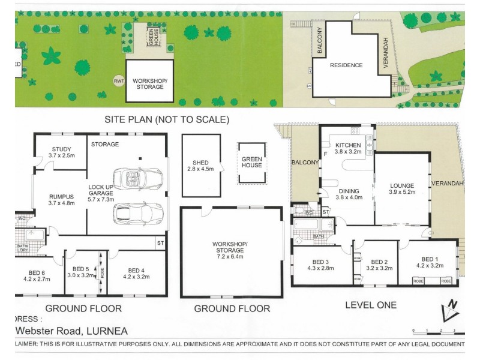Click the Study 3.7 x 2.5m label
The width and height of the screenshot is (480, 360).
pyautogui.click(x=61, y=152)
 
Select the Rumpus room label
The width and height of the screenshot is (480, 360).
pyautogui.click(x=61, y=199)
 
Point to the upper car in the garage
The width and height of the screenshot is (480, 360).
pyautogui.click(x=138, y=178)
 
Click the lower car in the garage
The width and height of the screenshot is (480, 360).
pyautogui.click(x=138, y=213)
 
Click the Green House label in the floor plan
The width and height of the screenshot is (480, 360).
pyautogui.click(x=252, y=162)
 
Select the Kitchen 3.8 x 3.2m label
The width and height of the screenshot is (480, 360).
pyautogui.click(x=347, y=148)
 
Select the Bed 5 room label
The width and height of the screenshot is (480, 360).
pyautogui.click(x=80, y=272)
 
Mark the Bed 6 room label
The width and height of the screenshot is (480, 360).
pyautogui.click(x=37, y=275)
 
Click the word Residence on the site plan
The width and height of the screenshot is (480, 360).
pyautogui.click(x=346, y=65)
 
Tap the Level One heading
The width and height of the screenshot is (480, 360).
pyautogui.click(x=371, y=305)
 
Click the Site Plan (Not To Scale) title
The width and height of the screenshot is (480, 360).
pyautogui.click(x=167, y=119)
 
